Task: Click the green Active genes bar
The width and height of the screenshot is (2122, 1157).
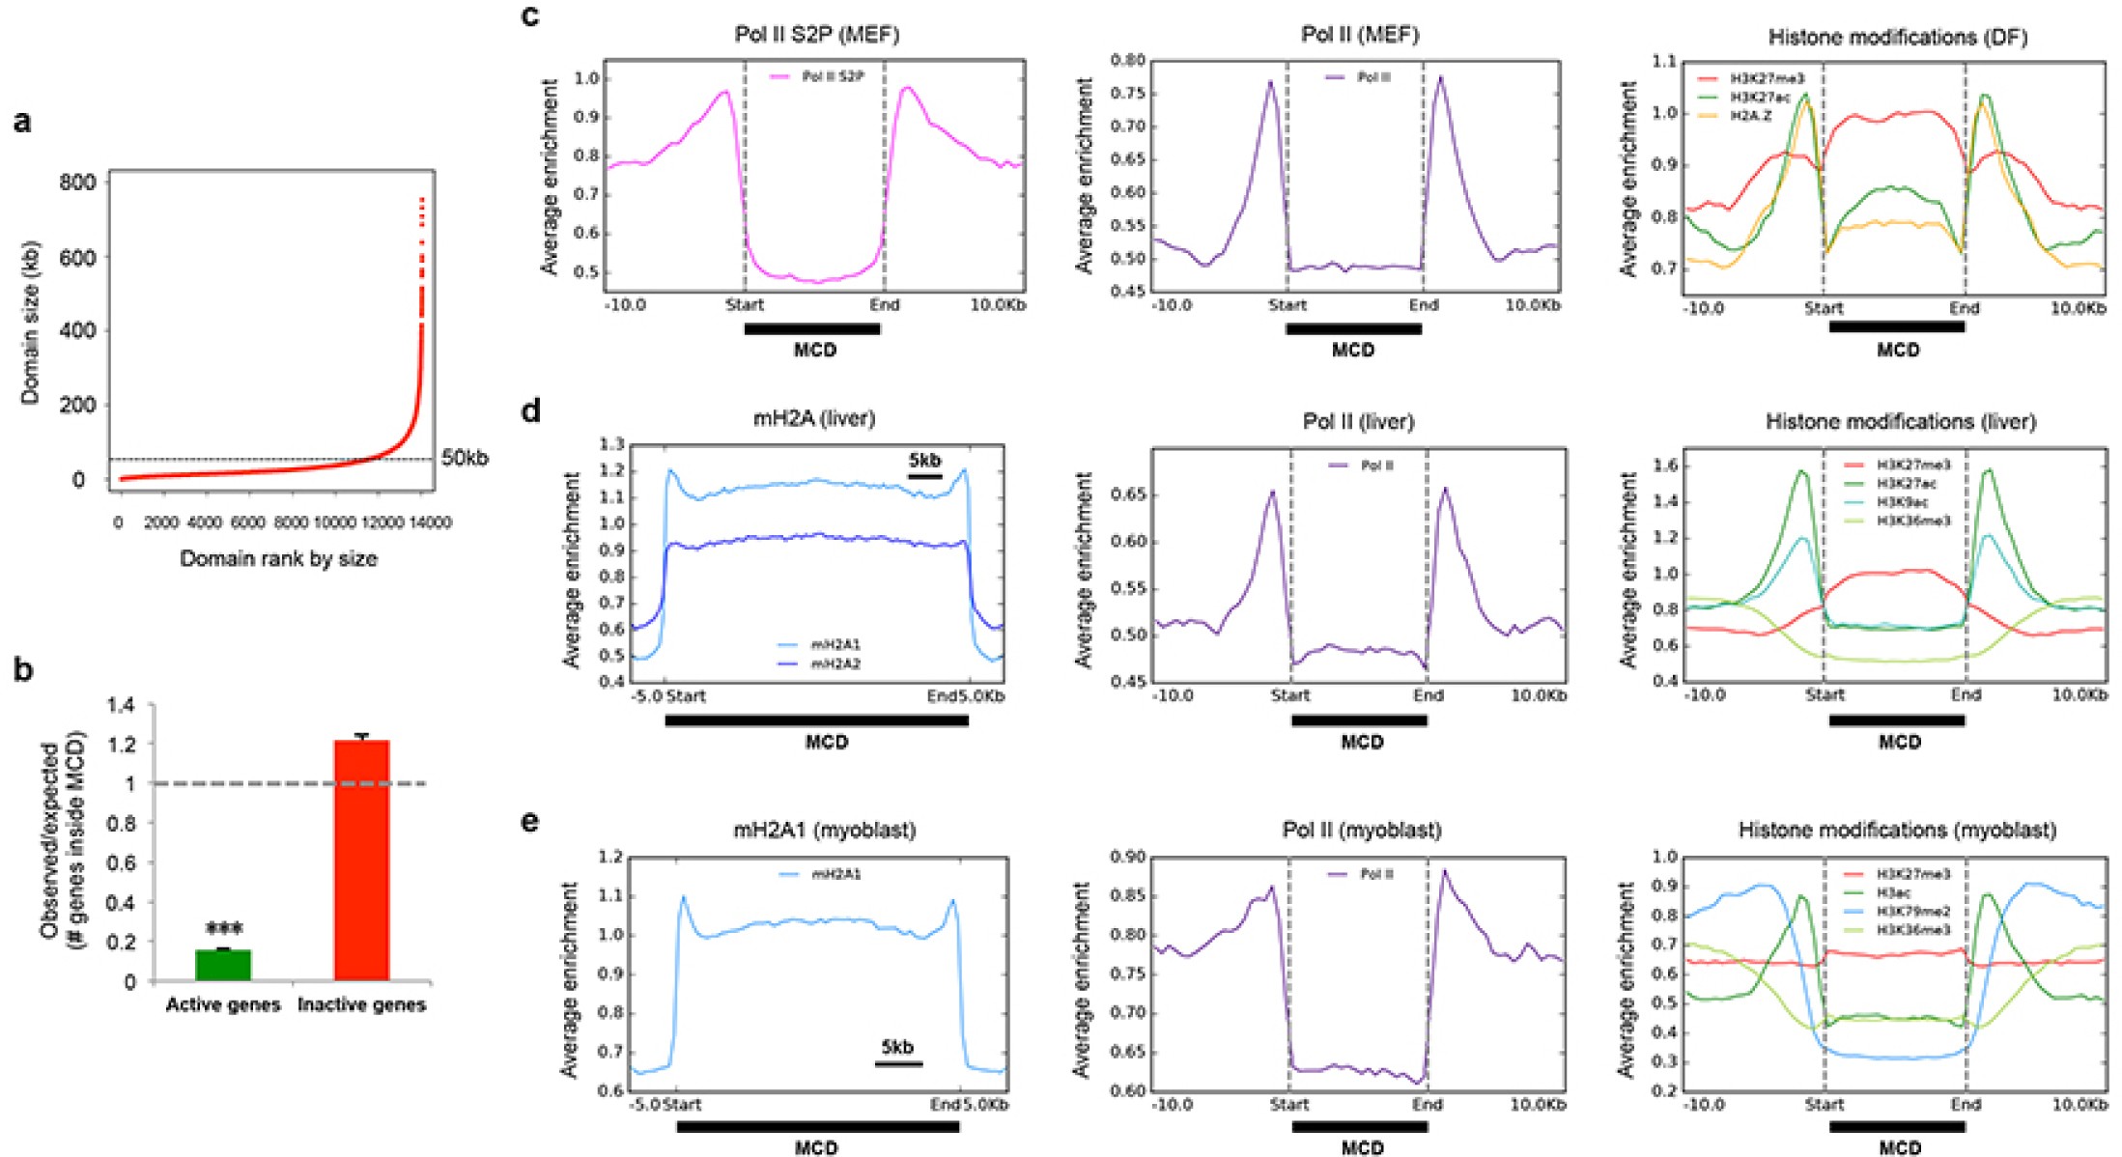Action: [x=223, y=965]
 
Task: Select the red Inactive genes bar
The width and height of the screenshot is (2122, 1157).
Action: [x=361, y=860]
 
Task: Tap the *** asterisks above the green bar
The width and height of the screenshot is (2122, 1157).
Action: [x=224, y=930]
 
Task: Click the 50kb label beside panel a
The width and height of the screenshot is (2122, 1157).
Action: [x=465, y=458]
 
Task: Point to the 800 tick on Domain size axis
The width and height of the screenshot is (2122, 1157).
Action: [x=78, y=183]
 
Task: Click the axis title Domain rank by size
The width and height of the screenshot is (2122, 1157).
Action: [x=278, y=558]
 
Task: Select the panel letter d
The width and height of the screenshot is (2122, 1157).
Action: [x=530, y=412]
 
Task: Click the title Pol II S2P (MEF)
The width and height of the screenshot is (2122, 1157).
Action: [x=816, y=35]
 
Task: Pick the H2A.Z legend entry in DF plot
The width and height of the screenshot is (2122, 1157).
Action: [x=1750, y=116]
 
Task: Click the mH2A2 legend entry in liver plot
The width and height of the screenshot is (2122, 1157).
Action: [x=835, y=664]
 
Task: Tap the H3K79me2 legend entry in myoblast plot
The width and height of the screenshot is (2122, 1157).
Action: [x=1912, y=911]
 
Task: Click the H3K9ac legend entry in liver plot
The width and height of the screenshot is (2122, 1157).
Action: [x=1905, y=502]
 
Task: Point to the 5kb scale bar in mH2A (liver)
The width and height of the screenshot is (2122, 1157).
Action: [x=925, y=475]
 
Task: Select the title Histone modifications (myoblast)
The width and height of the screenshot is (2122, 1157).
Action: [x=1897, y=830]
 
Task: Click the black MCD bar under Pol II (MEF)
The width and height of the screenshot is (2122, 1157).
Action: [x=1353, y=329]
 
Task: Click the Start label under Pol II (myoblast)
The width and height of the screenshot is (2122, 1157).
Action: [x=1289, y=1105]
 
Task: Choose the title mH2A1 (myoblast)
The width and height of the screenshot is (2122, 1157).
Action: [x=824, y=830]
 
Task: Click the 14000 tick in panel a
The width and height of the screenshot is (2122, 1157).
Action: [x=430, y=522]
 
